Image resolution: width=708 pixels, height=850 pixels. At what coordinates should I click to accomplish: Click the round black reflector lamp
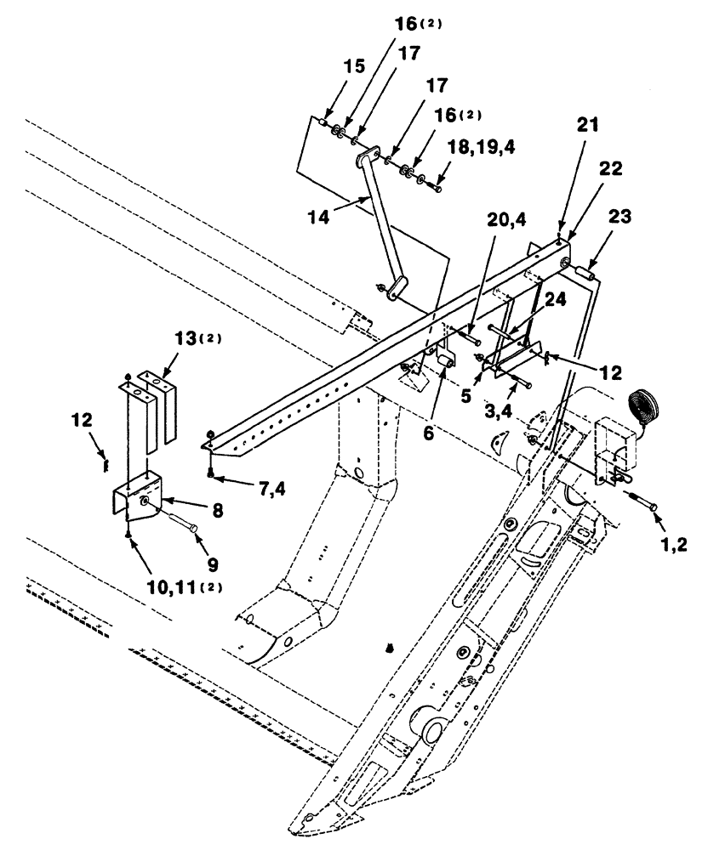tap(644, 402)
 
